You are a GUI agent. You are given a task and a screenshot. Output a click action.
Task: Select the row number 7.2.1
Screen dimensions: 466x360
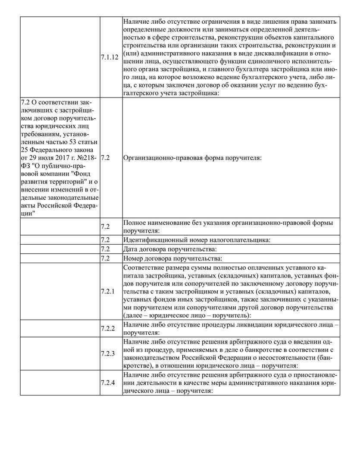point(107,292)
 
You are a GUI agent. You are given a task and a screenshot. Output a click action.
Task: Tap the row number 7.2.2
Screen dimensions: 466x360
point(107,328)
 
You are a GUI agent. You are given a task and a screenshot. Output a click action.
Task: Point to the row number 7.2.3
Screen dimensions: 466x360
point(107,354)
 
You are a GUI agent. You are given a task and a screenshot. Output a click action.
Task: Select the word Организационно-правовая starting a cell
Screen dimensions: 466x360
point(159,158)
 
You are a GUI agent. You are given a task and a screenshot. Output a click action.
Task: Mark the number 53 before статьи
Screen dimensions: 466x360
point(71,142)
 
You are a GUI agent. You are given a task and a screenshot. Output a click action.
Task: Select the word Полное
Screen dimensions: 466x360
point(134,223)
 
